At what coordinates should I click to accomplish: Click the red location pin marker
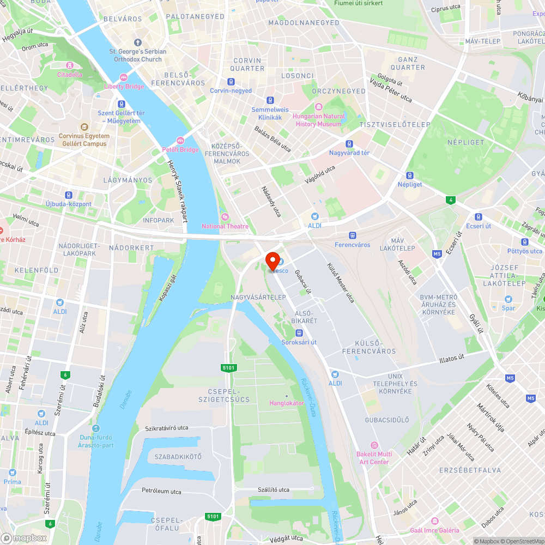coord(272,260)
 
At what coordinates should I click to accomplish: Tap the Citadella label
coord(70,74)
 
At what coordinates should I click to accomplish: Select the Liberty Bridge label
coord(124,86)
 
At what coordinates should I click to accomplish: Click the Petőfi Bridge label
coord(180,149)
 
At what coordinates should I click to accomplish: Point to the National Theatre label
coord(225,226)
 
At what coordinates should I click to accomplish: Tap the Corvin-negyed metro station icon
coord(231,82)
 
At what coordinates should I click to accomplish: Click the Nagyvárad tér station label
coord(349,153)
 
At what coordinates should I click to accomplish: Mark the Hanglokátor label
coord(287,403)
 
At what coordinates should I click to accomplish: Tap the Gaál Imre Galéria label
coord(434,530)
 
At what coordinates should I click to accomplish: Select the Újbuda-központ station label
coord(69,204)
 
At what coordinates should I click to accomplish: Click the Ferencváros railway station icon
coord(353,235)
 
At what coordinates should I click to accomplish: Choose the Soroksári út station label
coord(299,342)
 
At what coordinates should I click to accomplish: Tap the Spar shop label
coord(508,308)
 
